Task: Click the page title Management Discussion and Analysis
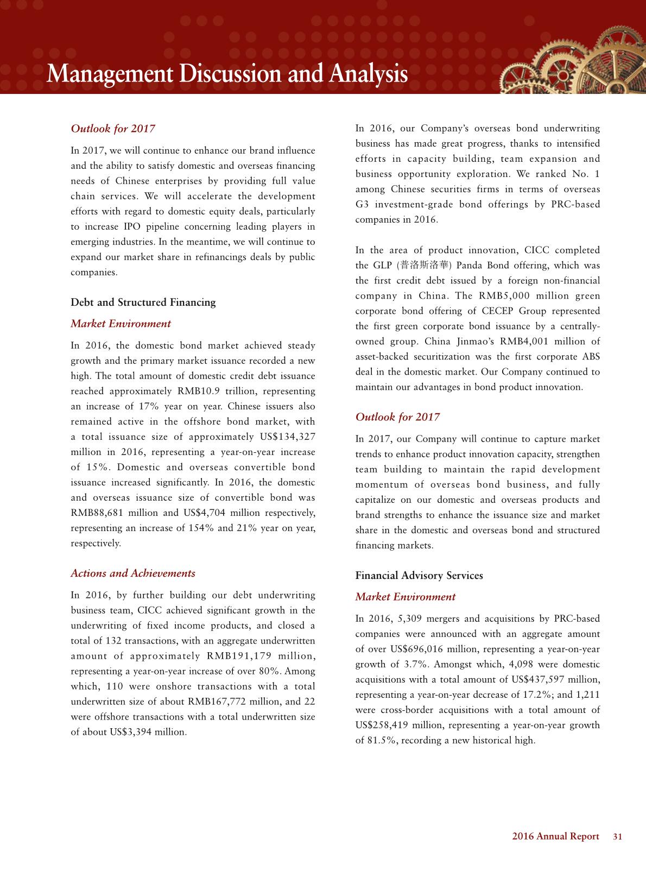tap(227, 74)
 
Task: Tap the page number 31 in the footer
tap(617, 837)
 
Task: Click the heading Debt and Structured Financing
tap(143, 302)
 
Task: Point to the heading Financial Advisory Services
tap(419, 576)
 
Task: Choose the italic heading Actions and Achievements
tap(133, 573)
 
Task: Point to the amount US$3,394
tap(131, 733)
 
